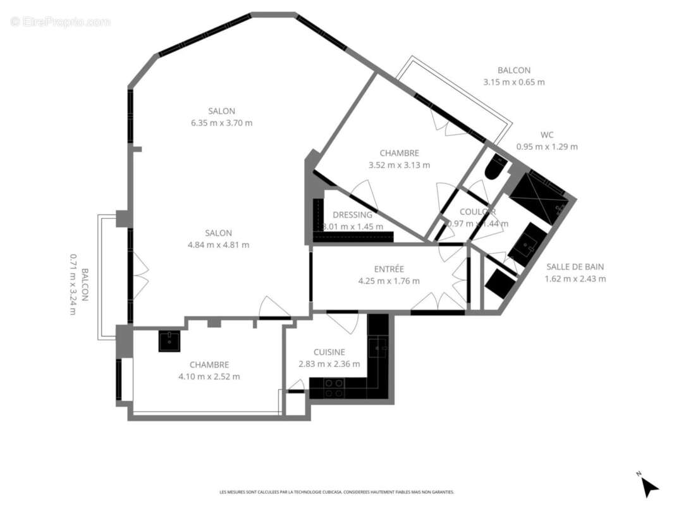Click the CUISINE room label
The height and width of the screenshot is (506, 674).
329,352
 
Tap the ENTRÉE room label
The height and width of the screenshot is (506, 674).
389,269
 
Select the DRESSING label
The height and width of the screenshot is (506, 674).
352,214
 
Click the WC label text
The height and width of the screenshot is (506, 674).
547,135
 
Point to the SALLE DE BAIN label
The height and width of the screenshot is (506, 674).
575,267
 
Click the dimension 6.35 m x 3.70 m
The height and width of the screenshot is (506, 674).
221,123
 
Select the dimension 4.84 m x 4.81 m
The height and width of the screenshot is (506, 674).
218,245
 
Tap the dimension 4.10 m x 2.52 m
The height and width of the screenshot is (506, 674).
209,376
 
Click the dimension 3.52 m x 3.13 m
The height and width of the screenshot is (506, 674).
399,165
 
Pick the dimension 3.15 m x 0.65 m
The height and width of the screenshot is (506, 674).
513,82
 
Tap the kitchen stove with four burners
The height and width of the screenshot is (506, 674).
334,387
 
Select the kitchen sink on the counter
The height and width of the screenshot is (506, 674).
378,347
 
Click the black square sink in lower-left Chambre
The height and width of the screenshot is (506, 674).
169,341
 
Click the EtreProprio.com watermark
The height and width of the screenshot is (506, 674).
61,22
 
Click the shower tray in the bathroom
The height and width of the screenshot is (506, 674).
536,194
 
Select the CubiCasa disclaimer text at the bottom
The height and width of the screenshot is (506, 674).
336,491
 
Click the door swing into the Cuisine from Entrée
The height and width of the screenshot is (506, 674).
345,323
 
